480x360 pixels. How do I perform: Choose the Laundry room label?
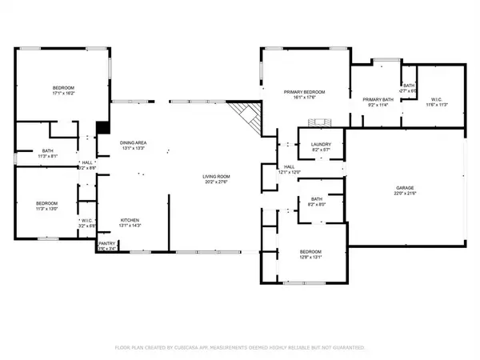(x=321, y=144)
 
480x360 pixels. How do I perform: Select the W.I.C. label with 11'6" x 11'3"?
(x=436, y=100)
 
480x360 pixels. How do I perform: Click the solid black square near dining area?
(x=102, y=126)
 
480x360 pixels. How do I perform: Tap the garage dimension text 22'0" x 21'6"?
(x=405, y=194)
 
